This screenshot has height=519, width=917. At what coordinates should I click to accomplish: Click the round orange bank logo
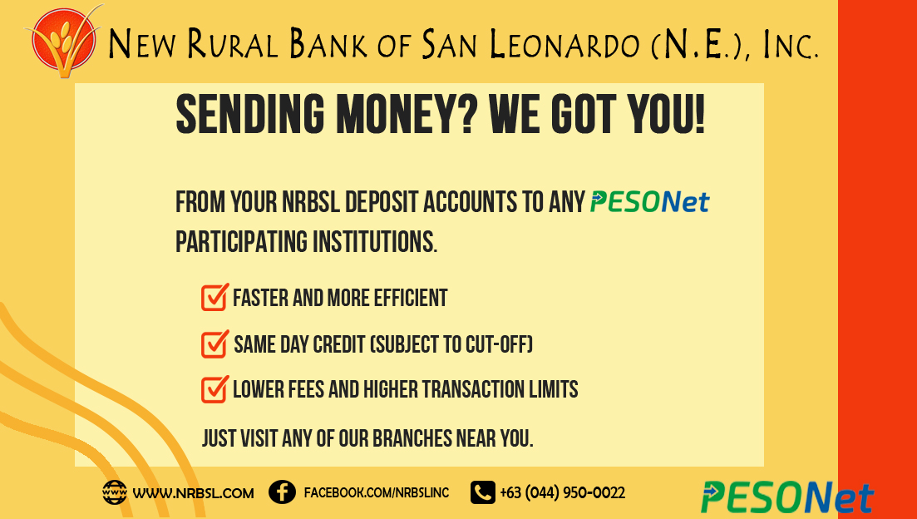[63, 41]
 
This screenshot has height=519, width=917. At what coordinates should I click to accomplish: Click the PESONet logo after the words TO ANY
[650, 202]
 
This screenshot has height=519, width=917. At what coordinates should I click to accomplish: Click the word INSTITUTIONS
[374, 242]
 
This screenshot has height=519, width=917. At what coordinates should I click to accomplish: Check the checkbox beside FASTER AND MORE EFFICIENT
[214, 297]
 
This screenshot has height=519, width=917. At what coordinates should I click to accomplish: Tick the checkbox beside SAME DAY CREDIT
[214, 344]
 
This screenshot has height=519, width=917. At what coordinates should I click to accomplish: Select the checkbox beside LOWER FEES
[214, 390]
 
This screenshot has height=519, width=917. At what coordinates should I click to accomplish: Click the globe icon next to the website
[114, 492]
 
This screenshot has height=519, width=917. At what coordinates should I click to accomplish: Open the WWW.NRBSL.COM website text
[193, 493]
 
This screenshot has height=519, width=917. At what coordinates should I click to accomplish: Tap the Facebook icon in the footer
[282, 492]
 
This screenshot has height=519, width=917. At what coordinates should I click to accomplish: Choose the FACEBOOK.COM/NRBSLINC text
[377, 492]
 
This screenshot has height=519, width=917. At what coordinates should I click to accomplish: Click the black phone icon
[482, 492]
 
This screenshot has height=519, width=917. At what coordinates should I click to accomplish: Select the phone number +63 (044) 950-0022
[563, 493]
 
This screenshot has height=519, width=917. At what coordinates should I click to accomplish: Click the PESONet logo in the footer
[787, 497]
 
